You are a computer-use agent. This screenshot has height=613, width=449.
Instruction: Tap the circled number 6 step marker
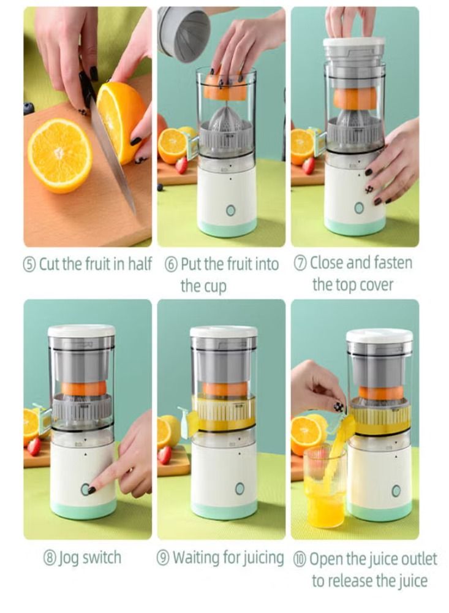(x=172, y=265)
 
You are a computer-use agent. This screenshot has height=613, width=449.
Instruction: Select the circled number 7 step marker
(x=301, y=264)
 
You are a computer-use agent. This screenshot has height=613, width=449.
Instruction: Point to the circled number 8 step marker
(x=50, y=558)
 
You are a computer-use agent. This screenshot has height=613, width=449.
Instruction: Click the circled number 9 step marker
(x=164, y=558)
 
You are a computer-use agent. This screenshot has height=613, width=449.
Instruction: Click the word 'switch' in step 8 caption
(x=97, y=558)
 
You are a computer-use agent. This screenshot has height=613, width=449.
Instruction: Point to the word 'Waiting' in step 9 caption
(x=194, y=558)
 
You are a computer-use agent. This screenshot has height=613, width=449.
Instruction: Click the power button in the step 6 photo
(x=230, y=210)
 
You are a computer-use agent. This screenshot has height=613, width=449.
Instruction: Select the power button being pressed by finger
(x=85, y=489)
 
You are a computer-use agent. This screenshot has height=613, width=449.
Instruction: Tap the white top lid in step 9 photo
(x=223, y=332)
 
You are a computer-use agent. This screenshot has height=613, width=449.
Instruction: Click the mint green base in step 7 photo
(x=355, y=226)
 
